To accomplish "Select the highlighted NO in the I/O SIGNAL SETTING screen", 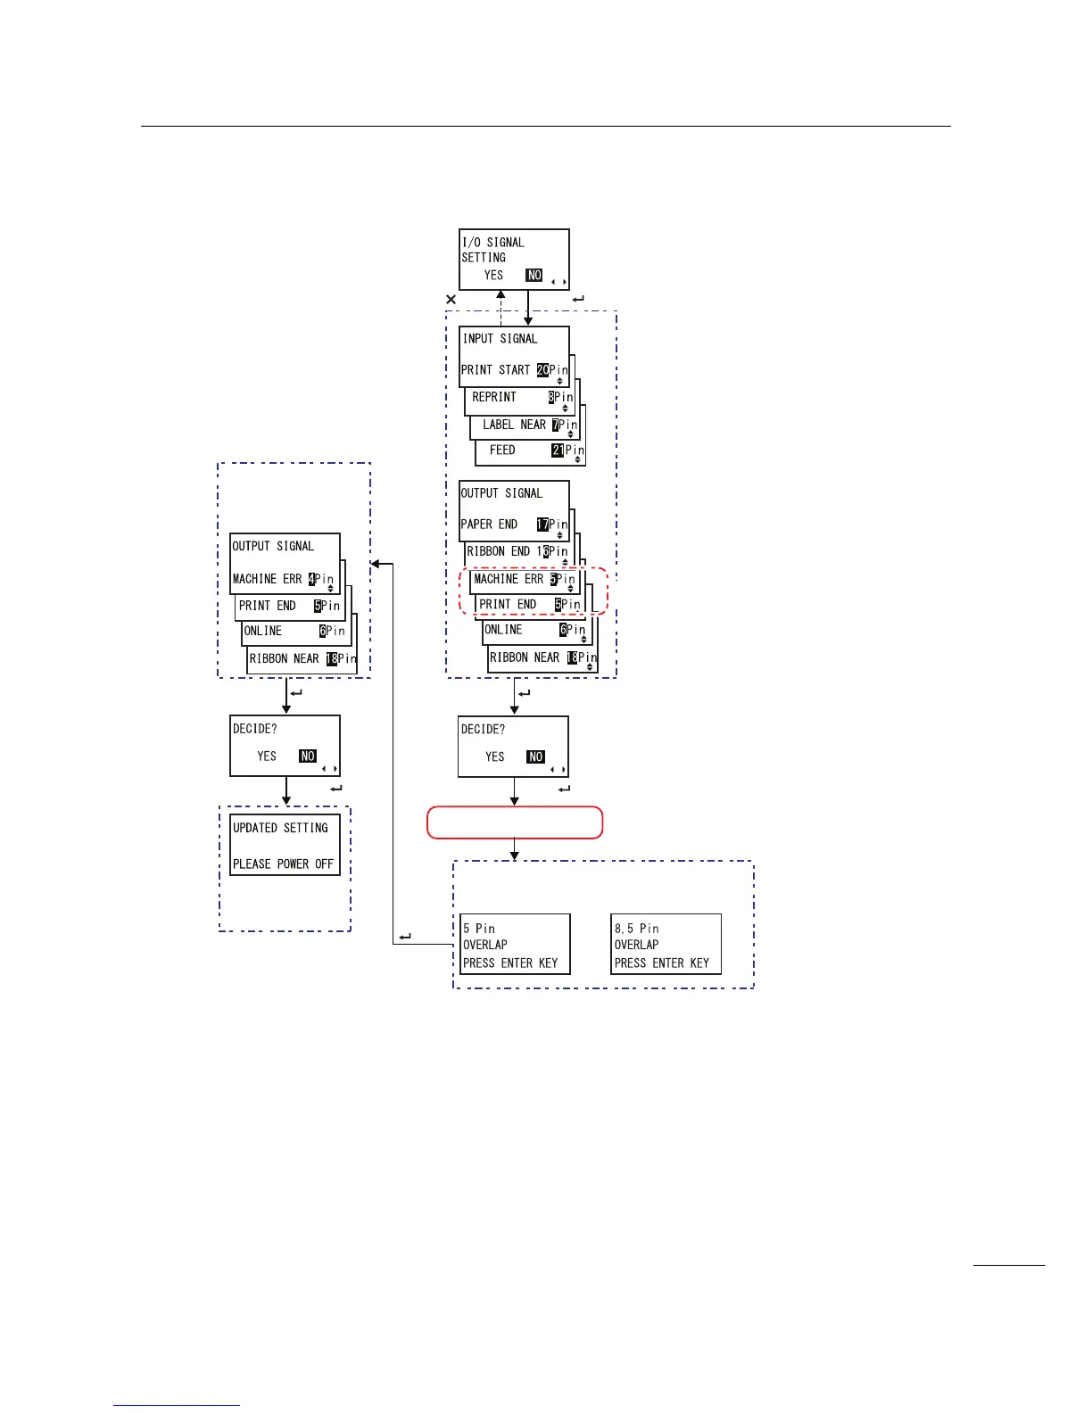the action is pyautogui.click(x=534, y=276).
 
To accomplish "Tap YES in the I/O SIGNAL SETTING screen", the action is pyautogui.click(x=493, y=276).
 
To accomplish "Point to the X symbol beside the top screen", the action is pyautogui.click(x=451, y=300).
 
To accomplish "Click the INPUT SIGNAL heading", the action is pyautogui.click(x=500, y=339).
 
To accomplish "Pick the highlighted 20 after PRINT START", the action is pyautogui.click(x=542, y=370).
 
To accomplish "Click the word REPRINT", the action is pyautogui.click(x=494, y=397).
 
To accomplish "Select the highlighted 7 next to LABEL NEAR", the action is pyautogui.click(x=555, y=425).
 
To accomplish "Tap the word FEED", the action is pyautogui.click(x=502, y=450).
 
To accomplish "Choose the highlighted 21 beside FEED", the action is pyautogui.click(x=558, y=450).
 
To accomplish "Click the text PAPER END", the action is pyautogui.click(x=489, y=525).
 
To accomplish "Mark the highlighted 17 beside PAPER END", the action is pyautogui.click(x=542, y=525).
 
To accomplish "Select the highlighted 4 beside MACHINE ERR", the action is pyautogui.click(x=311, y=579).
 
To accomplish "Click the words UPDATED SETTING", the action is pyautogui.click(x=280, y=828).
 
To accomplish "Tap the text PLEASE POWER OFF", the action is pyautogui.click(x=283, y=863).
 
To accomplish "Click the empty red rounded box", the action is pyautogui.click(x=515, y=822).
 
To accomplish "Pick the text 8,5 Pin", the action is pyautogui.click(x=636, y=929).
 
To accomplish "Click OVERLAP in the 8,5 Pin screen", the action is pyautogui.click(x=636, y=945).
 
